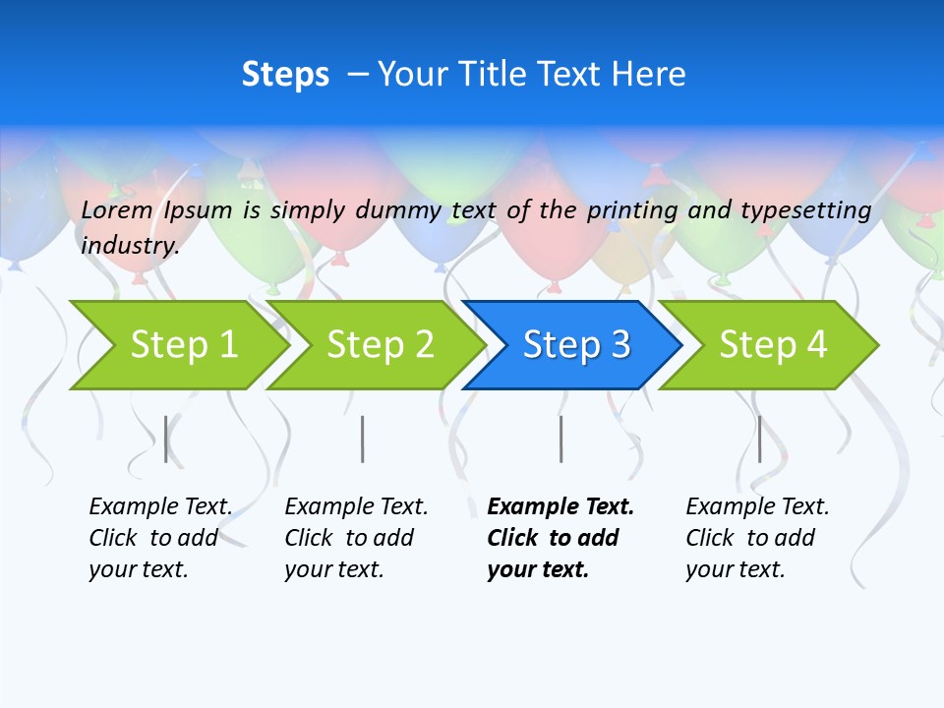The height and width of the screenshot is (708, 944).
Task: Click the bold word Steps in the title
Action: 285,75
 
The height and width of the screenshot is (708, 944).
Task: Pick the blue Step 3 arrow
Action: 576,345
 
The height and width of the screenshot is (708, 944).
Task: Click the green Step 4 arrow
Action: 773,345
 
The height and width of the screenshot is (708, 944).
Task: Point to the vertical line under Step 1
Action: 166,439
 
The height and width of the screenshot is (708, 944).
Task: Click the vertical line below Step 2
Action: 363,439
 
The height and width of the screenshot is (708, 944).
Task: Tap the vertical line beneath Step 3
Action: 561,439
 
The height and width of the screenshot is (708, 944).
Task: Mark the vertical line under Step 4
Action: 760,439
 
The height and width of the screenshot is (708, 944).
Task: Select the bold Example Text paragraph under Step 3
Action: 560,538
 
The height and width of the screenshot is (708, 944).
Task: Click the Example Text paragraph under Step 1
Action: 160,538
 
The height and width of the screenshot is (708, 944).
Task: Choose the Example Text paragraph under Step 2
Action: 356,538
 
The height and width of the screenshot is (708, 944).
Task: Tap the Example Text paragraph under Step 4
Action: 757,538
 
